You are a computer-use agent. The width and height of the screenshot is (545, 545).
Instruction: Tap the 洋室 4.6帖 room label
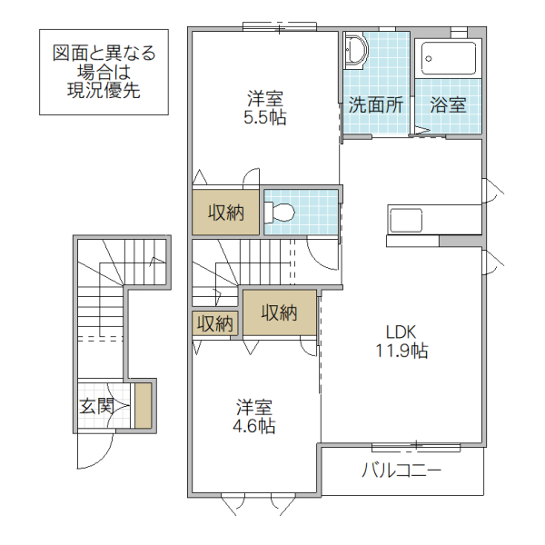pyautogui.click(x=254, y=416)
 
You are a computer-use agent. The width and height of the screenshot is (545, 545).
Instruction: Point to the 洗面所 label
pyautogui.click(x=376, y=104)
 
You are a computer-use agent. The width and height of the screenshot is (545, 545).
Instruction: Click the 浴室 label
pyautogui.click(x=448, y=104)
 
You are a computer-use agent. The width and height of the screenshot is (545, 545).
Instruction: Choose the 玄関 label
pyautogui.click(x=94, y=406)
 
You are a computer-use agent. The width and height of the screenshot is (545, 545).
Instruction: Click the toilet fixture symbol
pyautogui.click(x=282, y=213)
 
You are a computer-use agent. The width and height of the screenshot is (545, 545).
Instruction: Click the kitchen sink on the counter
pyautogui.click(x=405, y=220)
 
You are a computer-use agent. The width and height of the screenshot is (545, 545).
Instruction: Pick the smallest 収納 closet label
pyautogui.click(x=215, y=323)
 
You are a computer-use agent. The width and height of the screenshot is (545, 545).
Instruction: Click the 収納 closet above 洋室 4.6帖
pyautogui.click(x=280, y=312)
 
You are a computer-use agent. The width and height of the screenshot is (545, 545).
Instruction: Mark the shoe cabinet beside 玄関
pyautogui.click(x=142, y=405)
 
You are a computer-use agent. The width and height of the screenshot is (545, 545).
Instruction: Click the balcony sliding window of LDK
pyautogui.click(x=415, y=446)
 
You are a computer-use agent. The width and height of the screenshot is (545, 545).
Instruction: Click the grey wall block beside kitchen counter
pyautogui.click(x=459, y=242)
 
